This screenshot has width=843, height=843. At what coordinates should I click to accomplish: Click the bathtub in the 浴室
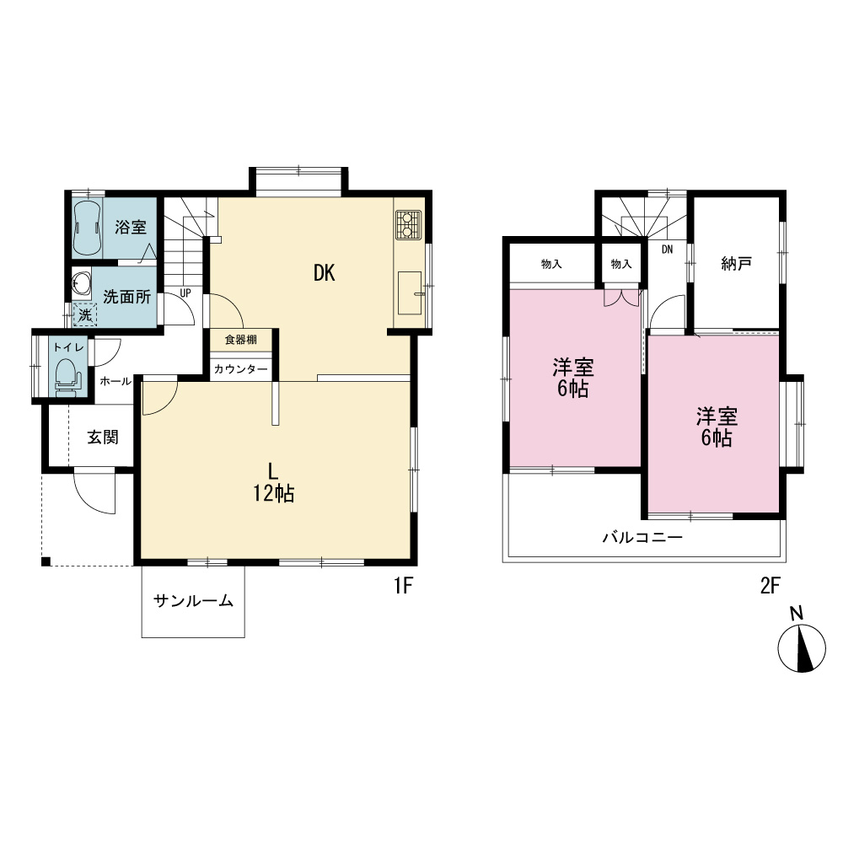click(87, 228)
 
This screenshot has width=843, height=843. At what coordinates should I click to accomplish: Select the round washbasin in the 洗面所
click(82, 282)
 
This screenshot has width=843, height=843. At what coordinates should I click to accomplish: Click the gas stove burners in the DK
click(408, 225)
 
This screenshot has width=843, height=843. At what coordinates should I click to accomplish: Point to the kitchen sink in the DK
click(410, 293)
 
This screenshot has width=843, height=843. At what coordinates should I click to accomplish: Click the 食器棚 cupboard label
click(241, 340)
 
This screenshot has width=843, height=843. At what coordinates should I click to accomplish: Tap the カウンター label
click(240, 369)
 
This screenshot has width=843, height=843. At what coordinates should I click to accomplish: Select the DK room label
click(325, 273)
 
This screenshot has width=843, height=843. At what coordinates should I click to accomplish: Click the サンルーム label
click(194, 600)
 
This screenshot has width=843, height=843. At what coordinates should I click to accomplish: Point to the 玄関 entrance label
click(103, 437)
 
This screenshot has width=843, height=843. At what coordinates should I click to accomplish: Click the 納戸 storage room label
click(736, 263)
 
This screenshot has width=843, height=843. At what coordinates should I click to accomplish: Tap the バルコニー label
click(642, 537)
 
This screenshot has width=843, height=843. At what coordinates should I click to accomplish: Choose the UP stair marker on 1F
click(185, 293)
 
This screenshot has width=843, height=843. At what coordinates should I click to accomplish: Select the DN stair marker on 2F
click(667, 250)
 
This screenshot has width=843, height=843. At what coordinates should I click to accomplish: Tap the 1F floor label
click(403, 586)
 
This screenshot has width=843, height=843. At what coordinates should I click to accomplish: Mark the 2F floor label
click(770, 586)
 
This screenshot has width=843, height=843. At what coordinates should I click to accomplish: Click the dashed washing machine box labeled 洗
click(85, 314)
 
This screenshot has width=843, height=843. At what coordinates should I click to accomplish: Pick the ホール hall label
click(115, 381)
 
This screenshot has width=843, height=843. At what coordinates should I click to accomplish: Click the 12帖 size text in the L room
click(274, 493)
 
